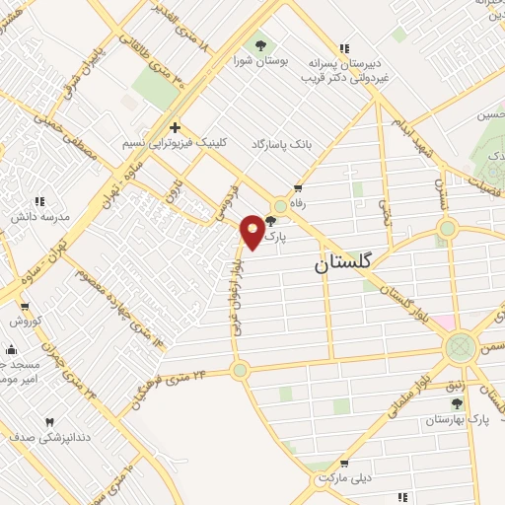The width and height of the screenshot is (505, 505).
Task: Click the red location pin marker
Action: [252, 231]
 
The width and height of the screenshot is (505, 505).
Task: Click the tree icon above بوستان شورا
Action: [260, 43]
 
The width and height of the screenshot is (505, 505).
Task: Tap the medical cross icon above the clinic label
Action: [175, 127]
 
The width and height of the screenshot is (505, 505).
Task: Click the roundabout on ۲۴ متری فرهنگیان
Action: [240, 371]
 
